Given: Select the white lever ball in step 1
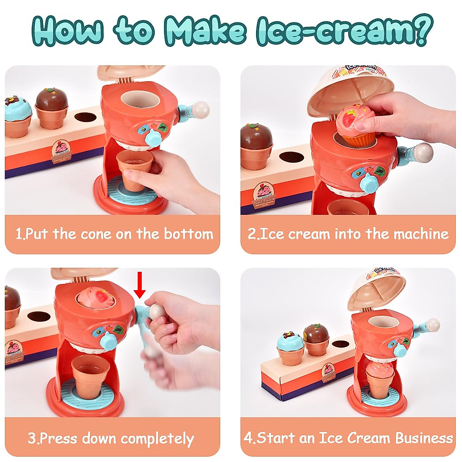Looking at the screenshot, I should click(x=201, y=109).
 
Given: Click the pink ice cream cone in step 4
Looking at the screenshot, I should click(x=379, y=375).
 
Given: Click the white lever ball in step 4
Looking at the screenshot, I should click(x=433, y=325).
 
